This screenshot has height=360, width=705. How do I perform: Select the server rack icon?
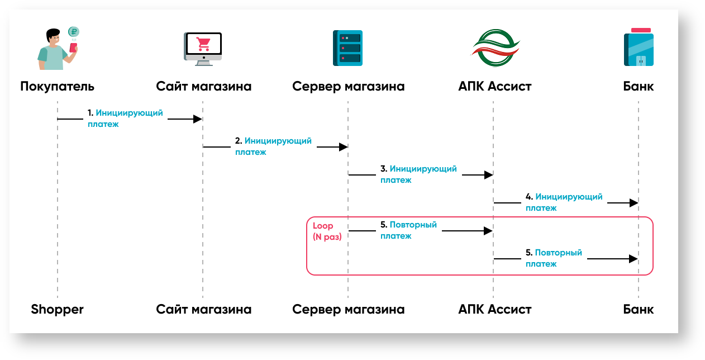click(348, 49)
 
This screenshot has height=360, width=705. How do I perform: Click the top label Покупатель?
click(57, 86)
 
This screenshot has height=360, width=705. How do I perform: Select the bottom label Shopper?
click(57, 309)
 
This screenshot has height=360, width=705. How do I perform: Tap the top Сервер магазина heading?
click(348, 86)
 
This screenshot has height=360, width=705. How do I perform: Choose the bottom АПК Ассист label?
click(494, 309)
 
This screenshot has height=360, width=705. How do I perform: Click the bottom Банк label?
click(639, 309)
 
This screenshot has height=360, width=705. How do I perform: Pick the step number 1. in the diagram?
click(90, 113)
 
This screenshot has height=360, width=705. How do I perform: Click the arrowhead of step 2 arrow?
click(343, 147)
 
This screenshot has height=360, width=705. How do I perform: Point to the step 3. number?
click(383, 168)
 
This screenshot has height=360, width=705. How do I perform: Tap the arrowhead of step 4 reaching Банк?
click(634, 203)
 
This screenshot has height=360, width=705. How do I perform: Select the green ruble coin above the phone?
click(73, 32)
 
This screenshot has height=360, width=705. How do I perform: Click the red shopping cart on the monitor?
click(203, 43)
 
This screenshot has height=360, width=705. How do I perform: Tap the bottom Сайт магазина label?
click(203, 309)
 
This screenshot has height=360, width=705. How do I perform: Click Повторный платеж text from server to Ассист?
click(408, 230)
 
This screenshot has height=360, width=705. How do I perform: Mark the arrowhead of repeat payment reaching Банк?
click(633, 259)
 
